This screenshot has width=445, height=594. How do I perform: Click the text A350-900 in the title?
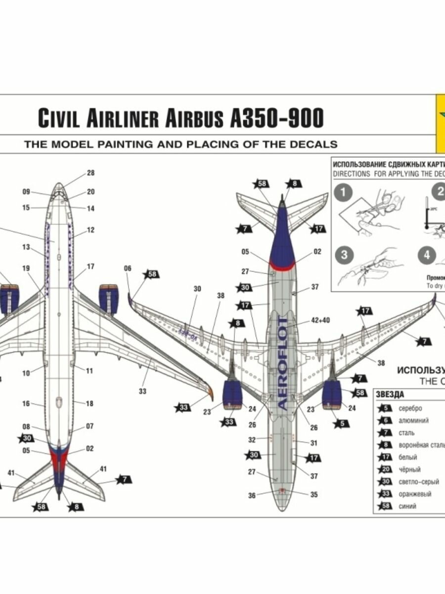click(x=277, y=118)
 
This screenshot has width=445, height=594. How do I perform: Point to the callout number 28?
click(x=90, y=173)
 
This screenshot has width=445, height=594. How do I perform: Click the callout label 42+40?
click(x=320, y=320)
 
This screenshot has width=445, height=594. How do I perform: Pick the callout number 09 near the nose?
click(x=26, y=192)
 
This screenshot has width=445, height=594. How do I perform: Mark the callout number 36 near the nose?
click(x=252, y=495)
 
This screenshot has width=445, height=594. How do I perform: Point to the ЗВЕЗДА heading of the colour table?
click(x=390, y=395)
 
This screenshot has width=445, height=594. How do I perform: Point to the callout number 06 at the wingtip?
click(x=128, y=268)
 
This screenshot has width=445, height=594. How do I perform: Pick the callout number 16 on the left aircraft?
click(x=26, y=404)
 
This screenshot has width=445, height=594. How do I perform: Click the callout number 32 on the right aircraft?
click(x=252, y=440)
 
